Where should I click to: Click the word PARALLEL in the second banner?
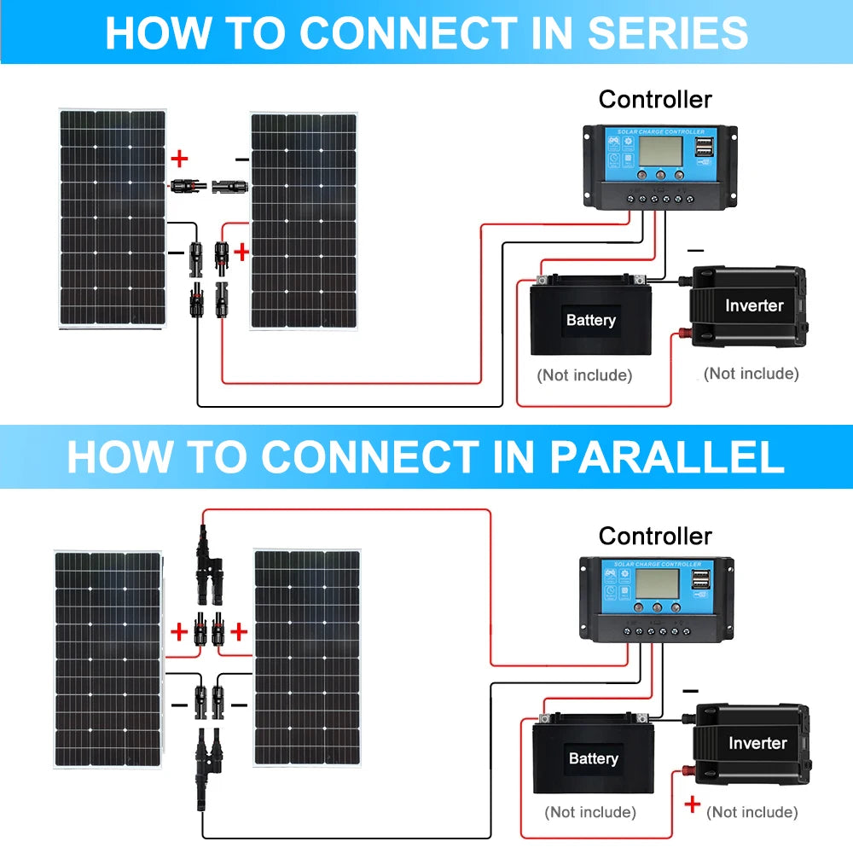tap(666, 457)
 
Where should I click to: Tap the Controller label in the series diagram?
tap(655, 100)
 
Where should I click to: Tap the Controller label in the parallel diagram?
tap(655, 536)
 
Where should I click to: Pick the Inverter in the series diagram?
tap(749, 305)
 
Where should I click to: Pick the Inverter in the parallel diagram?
tap(753, 742)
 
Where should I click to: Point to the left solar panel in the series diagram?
tap(112, 218)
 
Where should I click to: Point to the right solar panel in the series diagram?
tap(303, 220)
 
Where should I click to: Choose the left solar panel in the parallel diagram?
tap(107, 659)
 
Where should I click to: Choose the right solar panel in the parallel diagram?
tap(307, 659)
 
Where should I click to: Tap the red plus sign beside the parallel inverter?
tap(693, 804)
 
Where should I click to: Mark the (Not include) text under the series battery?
tap(584, 375)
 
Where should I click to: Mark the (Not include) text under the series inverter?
tap(751, 374)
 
